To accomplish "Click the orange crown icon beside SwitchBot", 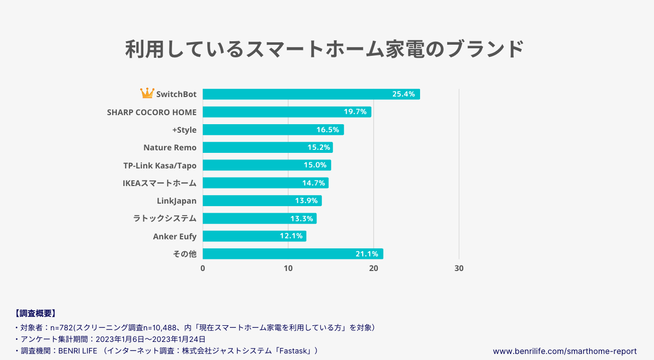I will tap(147, 94).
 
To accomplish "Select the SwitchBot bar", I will tap(311, 94).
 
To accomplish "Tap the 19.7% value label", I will tap(355, 112).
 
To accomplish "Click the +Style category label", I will tap(184, 130).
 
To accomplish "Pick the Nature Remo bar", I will tap(268, 147).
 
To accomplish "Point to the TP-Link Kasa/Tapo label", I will tap(160, 165).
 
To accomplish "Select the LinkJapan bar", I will tap(262, 201).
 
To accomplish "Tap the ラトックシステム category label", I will tap(165, 218).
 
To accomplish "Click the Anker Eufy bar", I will tap(254, 236).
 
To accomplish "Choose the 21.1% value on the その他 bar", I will tap(367, 254).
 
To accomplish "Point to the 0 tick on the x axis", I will tap(203, 268).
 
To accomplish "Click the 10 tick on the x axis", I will tap(288, 268).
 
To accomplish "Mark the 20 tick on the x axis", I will tap(373, 268).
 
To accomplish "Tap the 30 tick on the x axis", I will tap(459, 268).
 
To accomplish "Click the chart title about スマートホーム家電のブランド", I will tap(324, 49).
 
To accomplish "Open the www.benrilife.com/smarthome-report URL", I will tap(564, 351).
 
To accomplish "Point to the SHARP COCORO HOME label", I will tap(152, 112).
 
